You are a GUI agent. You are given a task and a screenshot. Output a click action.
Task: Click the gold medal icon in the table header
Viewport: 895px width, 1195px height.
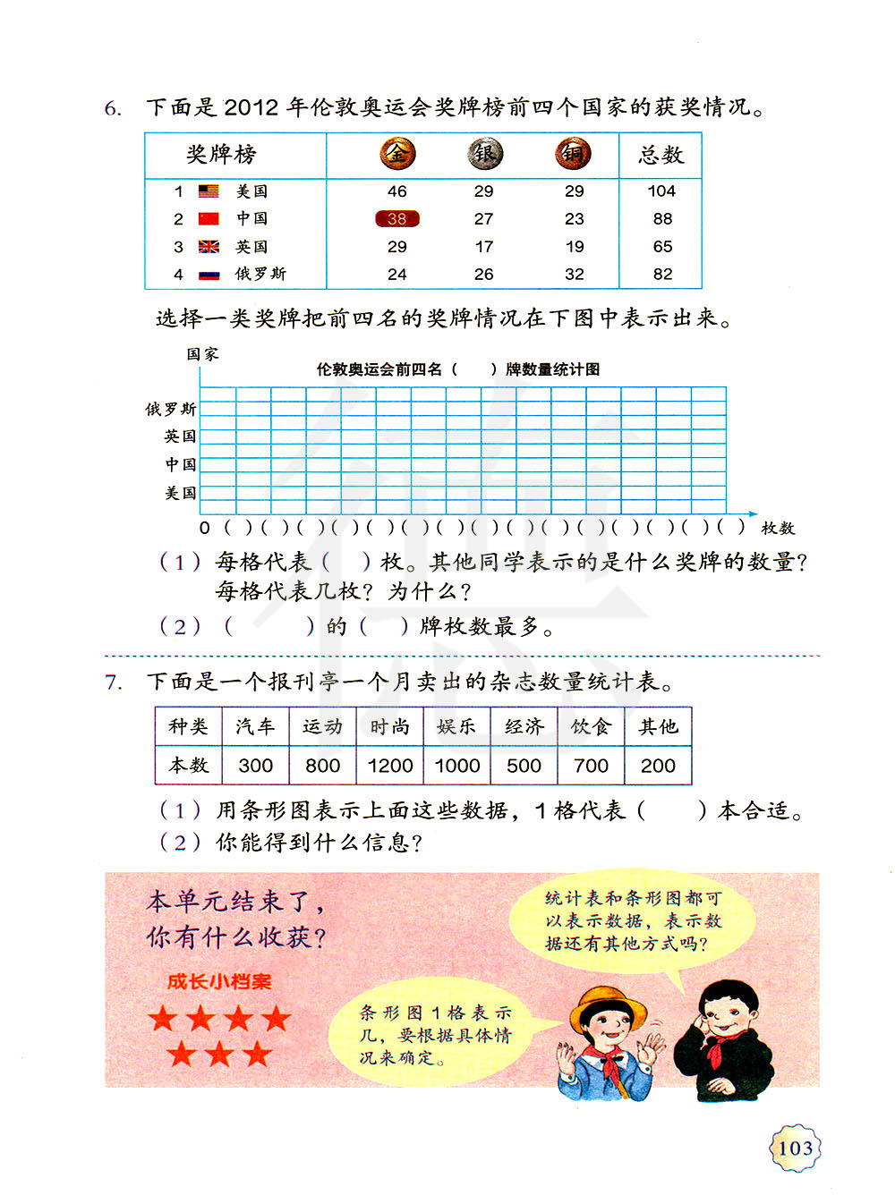(396, 154)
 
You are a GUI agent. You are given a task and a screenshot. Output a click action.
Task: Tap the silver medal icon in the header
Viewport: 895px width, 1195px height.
(484, 154)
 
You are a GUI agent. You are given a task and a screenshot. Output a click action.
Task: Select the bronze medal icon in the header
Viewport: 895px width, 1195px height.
(573, 154)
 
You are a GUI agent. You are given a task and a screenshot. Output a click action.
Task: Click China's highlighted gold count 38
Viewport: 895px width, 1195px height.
(396, 218)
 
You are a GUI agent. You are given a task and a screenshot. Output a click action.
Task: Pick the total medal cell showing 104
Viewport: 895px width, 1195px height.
(661, 191)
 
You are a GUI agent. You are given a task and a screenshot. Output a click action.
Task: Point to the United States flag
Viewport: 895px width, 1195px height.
(209, 191)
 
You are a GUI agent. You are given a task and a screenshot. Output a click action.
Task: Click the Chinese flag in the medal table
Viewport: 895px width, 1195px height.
(209, 218)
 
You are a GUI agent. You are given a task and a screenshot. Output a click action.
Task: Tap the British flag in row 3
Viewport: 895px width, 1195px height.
(209, 246)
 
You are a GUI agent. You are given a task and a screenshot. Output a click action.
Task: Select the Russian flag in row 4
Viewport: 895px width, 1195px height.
(209, 274)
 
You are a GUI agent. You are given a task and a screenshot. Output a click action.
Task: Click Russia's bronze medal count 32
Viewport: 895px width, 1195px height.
(574, 274)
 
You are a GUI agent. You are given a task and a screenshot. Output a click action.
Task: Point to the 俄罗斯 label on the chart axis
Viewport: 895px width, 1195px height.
(171, 409)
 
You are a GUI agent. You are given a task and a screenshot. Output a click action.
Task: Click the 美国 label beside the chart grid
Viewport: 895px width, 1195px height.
(180, 493)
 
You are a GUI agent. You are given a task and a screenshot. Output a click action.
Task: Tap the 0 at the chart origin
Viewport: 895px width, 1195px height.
(205, 528)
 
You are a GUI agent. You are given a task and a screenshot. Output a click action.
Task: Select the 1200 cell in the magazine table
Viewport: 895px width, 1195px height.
(390, 766)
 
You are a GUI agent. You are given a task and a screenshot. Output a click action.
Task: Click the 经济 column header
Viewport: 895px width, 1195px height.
(524, 726)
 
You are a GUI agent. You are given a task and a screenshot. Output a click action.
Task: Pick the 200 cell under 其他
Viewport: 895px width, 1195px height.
(658, 766)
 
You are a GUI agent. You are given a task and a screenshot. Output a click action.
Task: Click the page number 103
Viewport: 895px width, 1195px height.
(796, 1148)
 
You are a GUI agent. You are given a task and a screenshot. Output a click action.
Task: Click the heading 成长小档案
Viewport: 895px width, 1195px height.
(219, 981)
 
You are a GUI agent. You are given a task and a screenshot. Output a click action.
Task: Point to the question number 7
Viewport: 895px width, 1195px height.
(113, 682)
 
